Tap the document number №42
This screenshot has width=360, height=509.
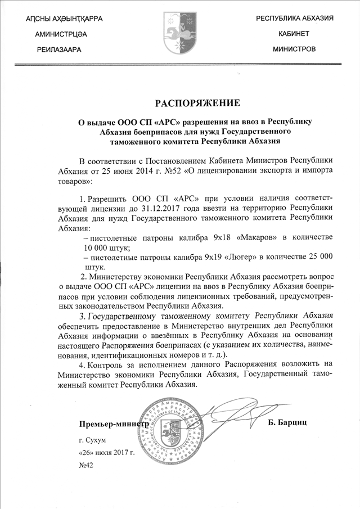[x=86, y=465]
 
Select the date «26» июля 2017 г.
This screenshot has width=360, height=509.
[x=107, y=452]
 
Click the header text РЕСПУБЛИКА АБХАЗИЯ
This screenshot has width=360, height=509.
[x=294, y=19]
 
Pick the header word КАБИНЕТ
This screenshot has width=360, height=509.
[x=294, y=34]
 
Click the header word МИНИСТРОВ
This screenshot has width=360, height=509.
[x=294, y=49]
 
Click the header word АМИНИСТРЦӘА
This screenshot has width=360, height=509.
[x=61, y=34]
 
